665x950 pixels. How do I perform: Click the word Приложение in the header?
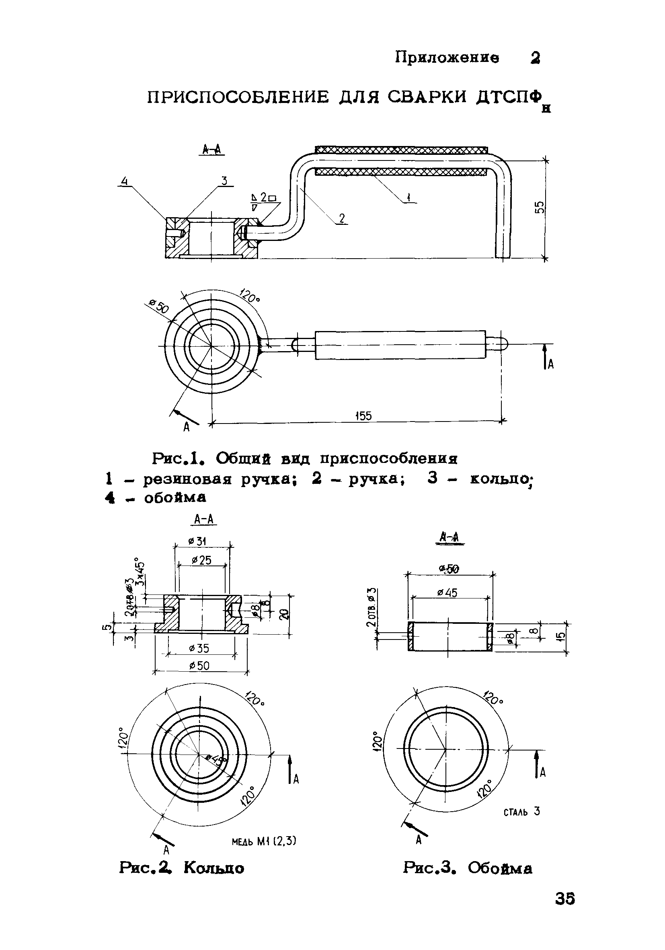coord(447,58)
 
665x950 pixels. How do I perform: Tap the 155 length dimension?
coord(363,415)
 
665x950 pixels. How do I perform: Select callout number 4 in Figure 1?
coord(124,181)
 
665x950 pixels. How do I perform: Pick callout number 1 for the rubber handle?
coord(408,198)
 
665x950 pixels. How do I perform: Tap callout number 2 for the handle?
coord(342,219)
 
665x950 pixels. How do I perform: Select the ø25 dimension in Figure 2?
coord(202,561)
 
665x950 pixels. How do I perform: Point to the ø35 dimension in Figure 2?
coord(199,648)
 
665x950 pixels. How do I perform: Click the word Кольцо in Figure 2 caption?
coord(214,868)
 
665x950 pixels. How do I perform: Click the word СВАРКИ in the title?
coord(428,98)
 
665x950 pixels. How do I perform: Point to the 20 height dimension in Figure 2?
coord(283,615)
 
